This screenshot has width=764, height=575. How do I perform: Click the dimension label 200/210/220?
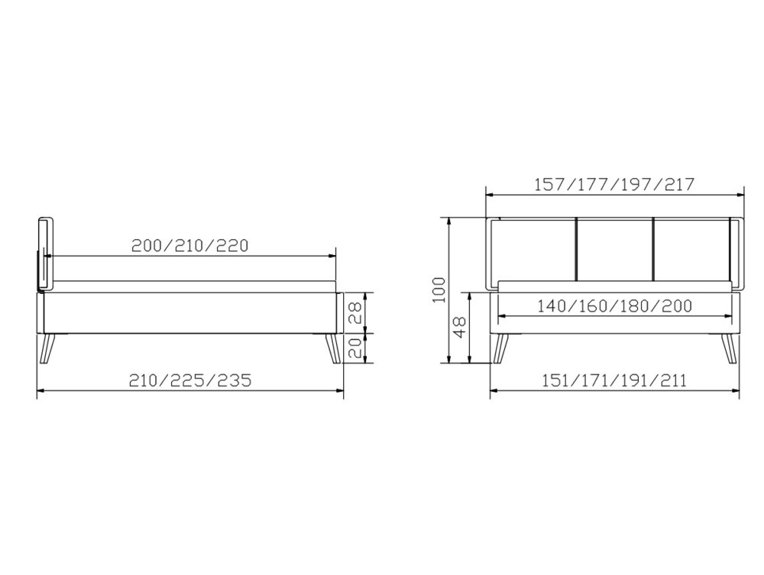click(190, 246)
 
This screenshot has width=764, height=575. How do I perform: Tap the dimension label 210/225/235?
click(190, 380)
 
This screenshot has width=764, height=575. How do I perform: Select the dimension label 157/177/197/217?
click(614, 184)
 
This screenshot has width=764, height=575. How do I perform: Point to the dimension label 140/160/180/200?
click(614, 305)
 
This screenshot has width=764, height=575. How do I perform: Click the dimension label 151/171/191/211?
click(614, 380)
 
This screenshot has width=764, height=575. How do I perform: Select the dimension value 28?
click(354, 311)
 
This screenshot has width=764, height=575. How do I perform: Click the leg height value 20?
click(354, 349)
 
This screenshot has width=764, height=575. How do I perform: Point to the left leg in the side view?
click(50, 350)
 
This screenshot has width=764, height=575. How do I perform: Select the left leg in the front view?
click(500, 350)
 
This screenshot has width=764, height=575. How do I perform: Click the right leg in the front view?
click(730, 350)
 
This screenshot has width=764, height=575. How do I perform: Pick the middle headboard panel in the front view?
click(614, 249)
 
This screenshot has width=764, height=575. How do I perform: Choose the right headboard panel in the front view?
click(691, 249)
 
